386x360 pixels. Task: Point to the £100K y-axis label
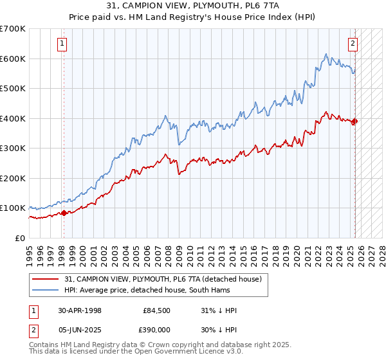click(12, 208)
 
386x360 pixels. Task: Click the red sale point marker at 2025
click(355, 121)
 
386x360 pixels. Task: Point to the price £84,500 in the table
click(157, 310)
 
